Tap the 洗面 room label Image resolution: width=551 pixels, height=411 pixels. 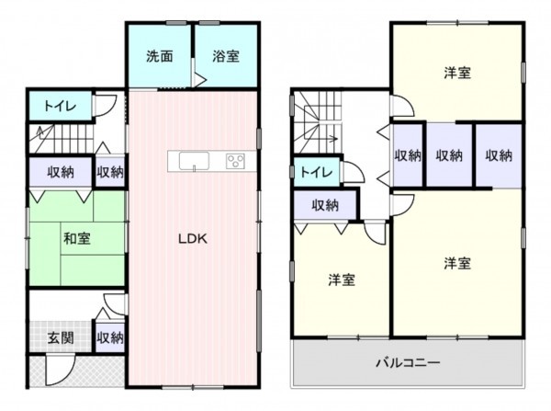click(160, 55)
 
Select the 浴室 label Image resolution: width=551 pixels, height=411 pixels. click(225, 55)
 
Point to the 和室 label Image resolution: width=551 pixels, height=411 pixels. click(76, 238)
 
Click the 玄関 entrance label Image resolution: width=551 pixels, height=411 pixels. click(61, 337)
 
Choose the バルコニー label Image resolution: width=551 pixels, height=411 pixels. click(407, 362)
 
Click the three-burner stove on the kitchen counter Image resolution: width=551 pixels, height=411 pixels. click(235, 162)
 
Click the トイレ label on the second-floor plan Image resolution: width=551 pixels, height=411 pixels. click(315, 172)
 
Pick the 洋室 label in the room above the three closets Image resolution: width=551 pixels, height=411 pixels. click(457, 72)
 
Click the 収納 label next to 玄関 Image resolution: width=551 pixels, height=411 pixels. click(109, 337)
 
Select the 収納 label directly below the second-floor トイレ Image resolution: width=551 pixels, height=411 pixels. click(324, 204)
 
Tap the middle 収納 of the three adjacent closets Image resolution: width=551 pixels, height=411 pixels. click(449, 155)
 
